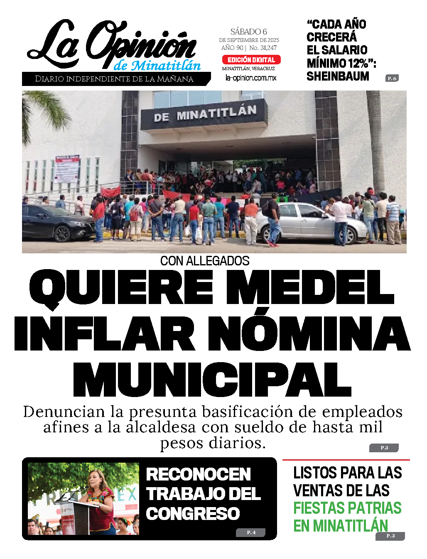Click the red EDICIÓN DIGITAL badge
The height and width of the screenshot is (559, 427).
[251, 60]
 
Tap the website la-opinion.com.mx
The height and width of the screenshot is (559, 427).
[250, 78]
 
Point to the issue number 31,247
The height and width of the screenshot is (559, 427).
[268, 48]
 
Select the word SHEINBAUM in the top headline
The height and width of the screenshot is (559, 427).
[337, 76]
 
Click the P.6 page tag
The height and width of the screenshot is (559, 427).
[392, 78]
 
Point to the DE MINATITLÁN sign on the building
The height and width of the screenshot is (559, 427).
[205, 113]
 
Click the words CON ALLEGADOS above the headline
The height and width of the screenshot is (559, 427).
[205, 261]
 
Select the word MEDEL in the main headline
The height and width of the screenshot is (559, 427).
[309, 287]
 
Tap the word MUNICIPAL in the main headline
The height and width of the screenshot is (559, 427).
[212, 380]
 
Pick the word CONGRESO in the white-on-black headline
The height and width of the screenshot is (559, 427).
[193, 514]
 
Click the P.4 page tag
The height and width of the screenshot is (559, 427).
[251, 532]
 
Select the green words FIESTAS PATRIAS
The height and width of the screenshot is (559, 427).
[347, 508]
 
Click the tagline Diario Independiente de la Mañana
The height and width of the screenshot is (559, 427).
[114, 79]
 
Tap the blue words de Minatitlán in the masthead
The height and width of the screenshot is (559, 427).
[157, 66]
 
